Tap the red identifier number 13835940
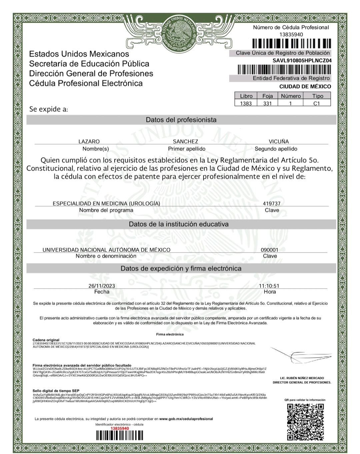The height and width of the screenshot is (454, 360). coord(119,428)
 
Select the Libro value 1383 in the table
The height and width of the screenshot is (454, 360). coord(246,103)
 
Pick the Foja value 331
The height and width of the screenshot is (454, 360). coord(267,103)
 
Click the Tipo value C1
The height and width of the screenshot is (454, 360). coord(317,103)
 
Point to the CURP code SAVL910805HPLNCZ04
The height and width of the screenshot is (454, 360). coord(302,60)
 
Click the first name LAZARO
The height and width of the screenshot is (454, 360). coord(89,141)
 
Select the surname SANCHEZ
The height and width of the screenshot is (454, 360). coord(185,141)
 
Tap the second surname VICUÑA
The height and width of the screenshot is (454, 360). coord(279,141)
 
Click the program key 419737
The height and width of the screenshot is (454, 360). coord(271,203)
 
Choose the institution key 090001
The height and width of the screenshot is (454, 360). coord(269,250)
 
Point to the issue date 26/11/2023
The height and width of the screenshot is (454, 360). coord(102,286)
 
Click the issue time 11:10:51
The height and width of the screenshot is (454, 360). coord(269,286)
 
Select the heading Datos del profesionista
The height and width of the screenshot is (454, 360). coord(181,120)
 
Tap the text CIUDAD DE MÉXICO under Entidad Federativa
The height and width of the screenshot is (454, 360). coord(305,86)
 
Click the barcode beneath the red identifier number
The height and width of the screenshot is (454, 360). coord(119,436)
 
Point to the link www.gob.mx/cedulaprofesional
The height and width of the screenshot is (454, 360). coord(186,419)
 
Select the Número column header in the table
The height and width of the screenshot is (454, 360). coord(291,96)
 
